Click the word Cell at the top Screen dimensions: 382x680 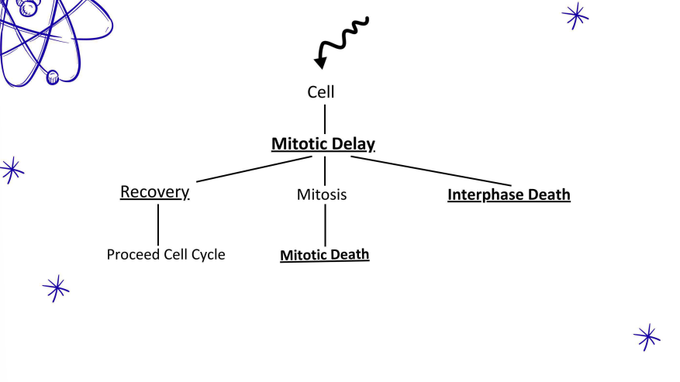[x=321, y=91]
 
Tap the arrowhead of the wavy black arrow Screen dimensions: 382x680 [x=319, y=63]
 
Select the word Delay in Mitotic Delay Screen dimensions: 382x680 [x=351, y=144]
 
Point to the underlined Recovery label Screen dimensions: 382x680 [x=154, y=192]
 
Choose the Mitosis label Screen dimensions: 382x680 [x=322, y=194]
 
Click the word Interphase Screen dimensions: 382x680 [x=486, y=194]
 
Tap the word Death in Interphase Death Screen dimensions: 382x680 [x=549, y=194]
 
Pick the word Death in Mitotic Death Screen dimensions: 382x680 [x=350, y=254]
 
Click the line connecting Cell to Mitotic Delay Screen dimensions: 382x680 [x=324, y=119]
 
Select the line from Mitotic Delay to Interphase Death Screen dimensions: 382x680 [x=419, y=170]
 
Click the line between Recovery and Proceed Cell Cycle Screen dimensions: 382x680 [x=158, y=224]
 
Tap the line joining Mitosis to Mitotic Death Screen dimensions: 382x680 [x=325, y=225]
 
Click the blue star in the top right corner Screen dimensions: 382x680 [x=575, y=15]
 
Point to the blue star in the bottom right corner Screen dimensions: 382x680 [x=647, y=336]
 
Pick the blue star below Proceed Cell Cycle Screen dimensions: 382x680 [x=56, y=288]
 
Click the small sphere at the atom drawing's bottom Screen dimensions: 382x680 [x=53, y=77]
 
